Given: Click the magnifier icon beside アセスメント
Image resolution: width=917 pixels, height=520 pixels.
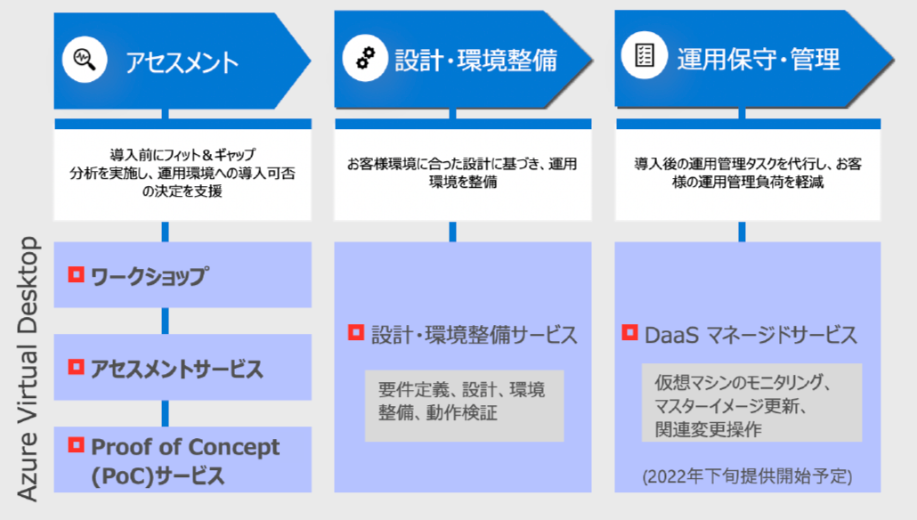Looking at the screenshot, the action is (x=85, y=59).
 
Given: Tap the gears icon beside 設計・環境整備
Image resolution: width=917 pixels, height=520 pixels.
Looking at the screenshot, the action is (x=366, y=58).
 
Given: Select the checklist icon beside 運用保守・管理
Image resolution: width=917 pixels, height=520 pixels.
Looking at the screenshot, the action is (x=645, y=55).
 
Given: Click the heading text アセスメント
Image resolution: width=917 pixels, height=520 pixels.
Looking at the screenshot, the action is (x=182, y=62).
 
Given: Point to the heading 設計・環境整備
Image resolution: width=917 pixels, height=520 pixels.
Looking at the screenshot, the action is (x=476, y=61).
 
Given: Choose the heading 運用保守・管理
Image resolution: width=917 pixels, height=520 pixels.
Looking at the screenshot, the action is (x=759, y=59).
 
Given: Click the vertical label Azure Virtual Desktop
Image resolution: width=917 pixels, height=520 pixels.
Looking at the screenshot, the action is (x=28, y=369).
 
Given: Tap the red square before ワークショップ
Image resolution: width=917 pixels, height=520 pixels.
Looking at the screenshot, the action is (x=76, y=274).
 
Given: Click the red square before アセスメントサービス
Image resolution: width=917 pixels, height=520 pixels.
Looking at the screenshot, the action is (x=76, y=367).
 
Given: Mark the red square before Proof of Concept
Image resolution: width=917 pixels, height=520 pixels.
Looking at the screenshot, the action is (x=76, y=444).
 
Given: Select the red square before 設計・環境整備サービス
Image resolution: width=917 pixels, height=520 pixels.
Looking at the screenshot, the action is (x=356, y=332).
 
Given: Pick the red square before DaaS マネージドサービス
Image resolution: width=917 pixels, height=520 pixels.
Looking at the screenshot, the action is (x=629, y=332).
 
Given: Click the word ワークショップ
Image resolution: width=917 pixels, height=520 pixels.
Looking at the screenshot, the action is (x=150, y=276).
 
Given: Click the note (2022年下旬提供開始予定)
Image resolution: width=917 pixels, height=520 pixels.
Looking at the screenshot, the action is (x=748, y=476).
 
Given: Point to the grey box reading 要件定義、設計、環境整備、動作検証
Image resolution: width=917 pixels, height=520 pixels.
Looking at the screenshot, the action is (x=465, y=405).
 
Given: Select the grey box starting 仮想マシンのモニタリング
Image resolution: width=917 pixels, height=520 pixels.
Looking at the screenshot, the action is (x=752, y=402).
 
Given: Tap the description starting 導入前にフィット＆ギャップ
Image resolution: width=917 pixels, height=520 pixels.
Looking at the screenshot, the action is (x=183, y=173).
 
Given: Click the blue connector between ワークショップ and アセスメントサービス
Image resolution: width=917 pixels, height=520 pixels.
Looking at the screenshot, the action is (x=166, y=321).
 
